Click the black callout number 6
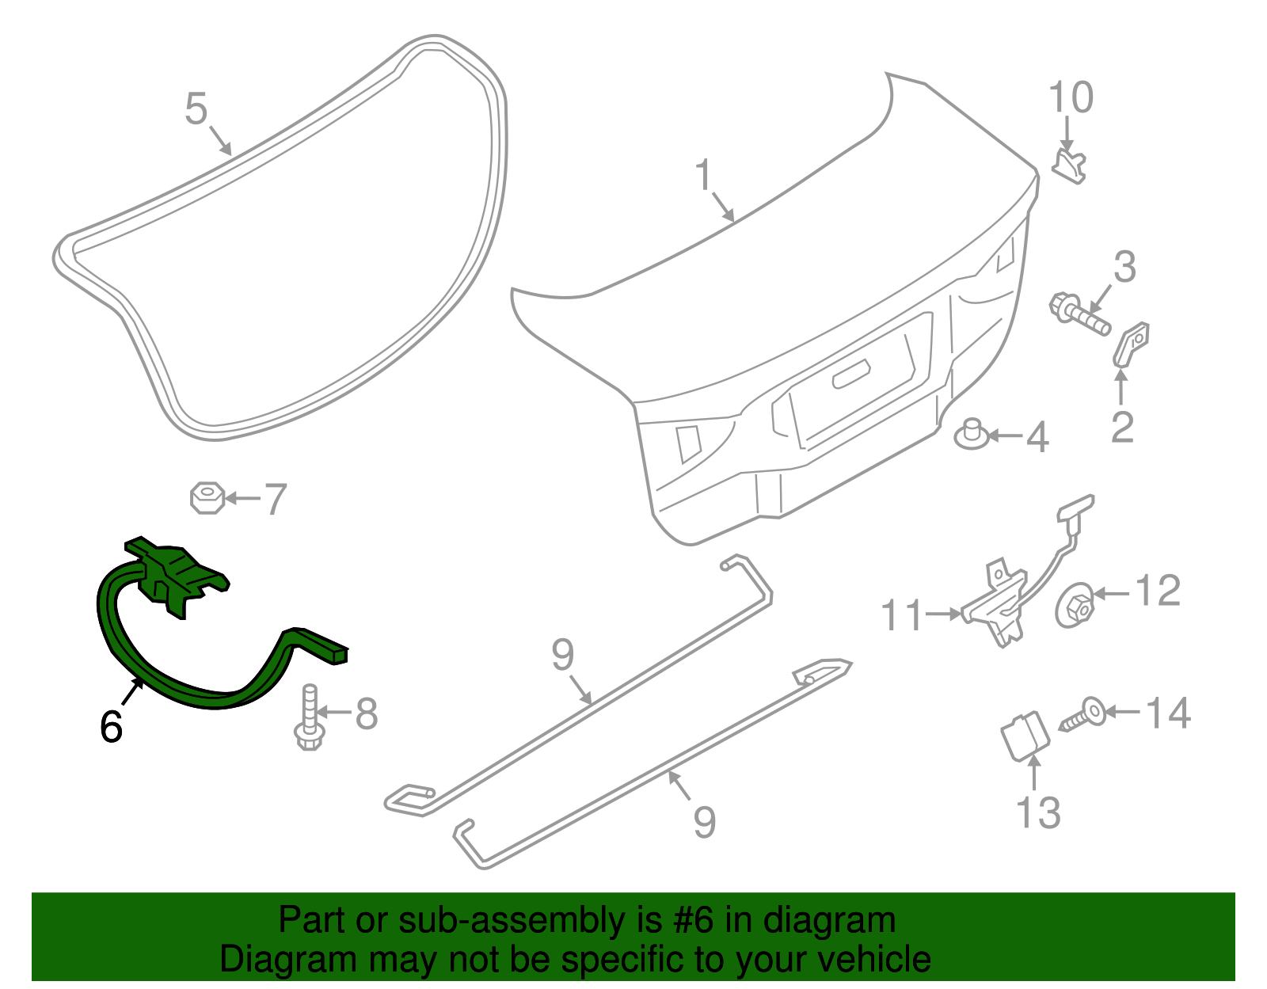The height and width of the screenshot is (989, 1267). [x=111, y=726]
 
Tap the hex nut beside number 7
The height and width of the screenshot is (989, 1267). [x=207, y=498]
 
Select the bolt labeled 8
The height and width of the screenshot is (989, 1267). [x=310, y=717]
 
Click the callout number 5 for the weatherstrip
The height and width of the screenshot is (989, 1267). [x=196, y=108]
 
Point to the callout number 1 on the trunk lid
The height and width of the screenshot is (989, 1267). [x=704, y=175]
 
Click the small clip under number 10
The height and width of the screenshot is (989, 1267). [x=1069, y=165]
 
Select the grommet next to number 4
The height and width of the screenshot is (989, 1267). [x=972, y=435]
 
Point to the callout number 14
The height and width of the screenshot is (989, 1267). [x=1168, y=713]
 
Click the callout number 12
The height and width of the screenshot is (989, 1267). [x=1158, y=591]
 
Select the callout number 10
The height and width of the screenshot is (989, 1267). [x=1071, y=97]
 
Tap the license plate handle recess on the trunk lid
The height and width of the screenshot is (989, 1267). [x=851, y=374]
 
